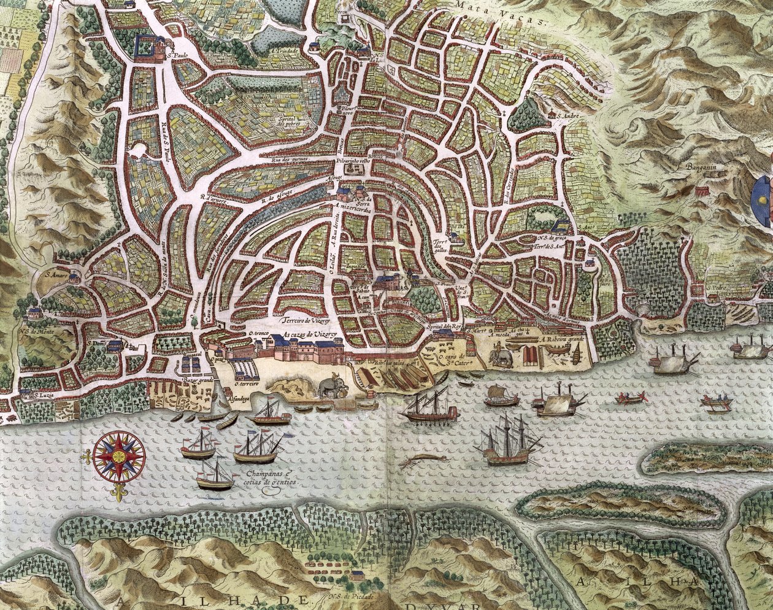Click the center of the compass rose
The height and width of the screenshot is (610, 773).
tap(120, 456)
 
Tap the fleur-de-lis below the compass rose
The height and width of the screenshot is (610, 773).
tap(117, 493)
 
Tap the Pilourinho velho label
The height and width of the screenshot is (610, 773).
tap(353, 161)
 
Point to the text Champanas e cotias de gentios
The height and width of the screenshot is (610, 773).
tap(271, 479)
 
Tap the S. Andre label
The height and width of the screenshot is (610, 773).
tap(564, 114)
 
